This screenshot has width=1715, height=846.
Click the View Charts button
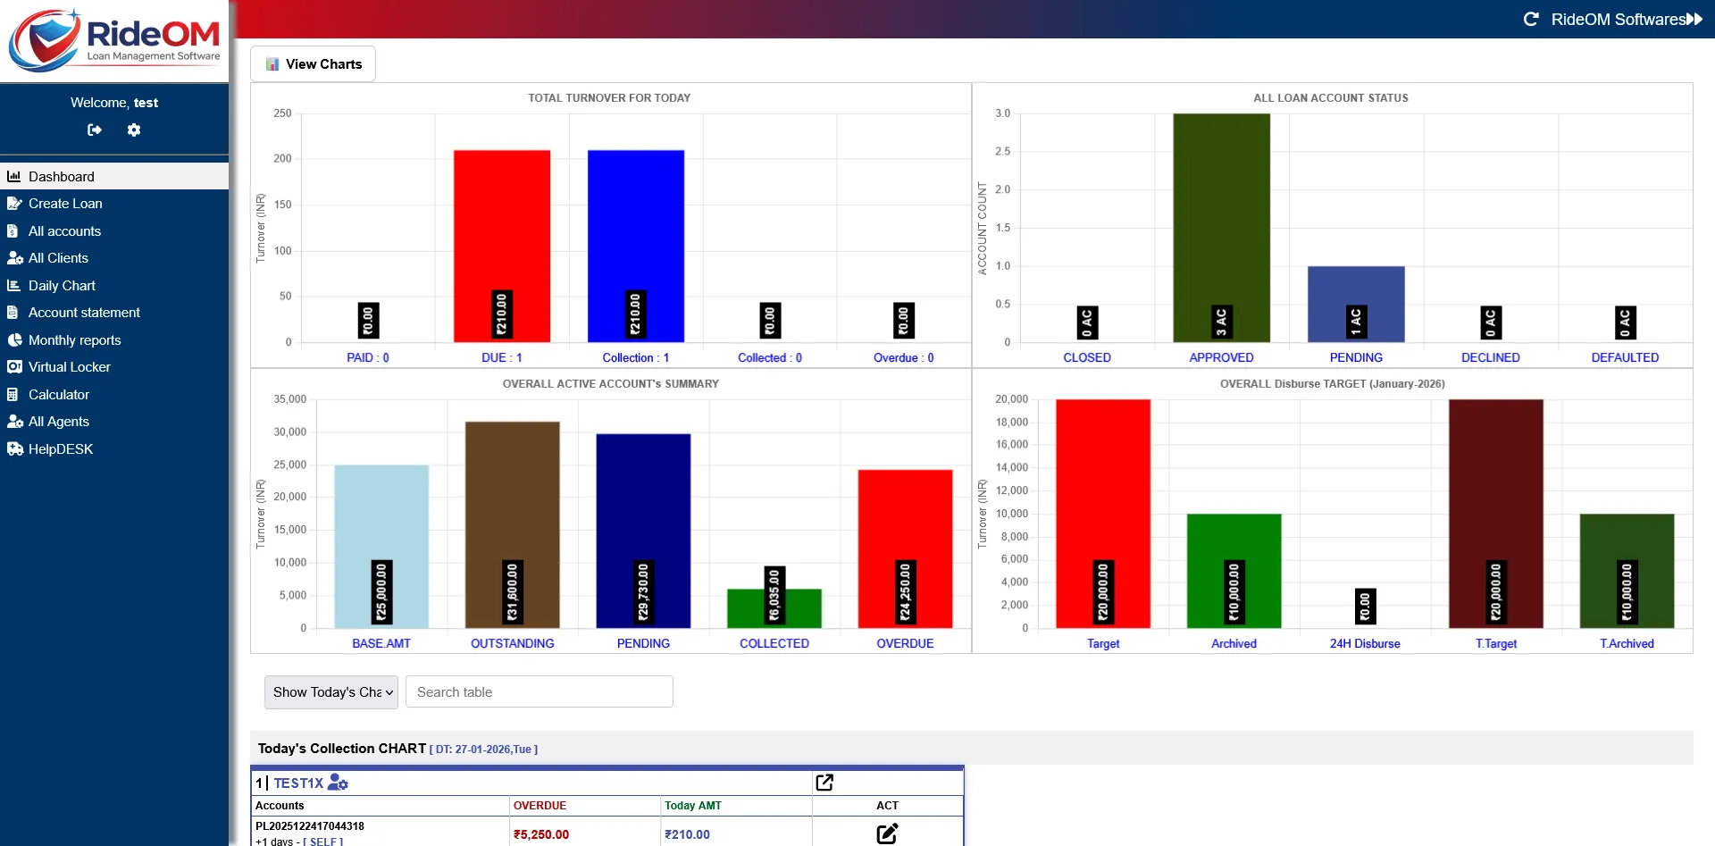tap(313, 64)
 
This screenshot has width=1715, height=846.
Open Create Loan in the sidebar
tap(65, 204)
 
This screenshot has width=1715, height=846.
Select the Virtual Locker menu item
tap(69, 367)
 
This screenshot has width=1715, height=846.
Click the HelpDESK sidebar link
tap(60, 449)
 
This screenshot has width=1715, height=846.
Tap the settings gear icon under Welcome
tap(134, 130)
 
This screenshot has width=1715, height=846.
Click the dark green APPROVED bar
tap(1221, 214)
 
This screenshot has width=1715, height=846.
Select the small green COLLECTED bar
tap(774, 612)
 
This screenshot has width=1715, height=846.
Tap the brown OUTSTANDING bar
tap(512, 500)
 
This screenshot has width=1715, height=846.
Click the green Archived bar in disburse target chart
tap(1234, 554)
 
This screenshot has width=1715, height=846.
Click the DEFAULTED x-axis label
tap(1625, 357)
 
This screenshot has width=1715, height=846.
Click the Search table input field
tap(539, 692)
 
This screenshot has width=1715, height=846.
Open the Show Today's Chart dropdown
tap(331, 692)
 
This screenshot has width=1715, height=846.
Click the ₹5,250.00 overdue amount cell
tap(541, 834)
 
